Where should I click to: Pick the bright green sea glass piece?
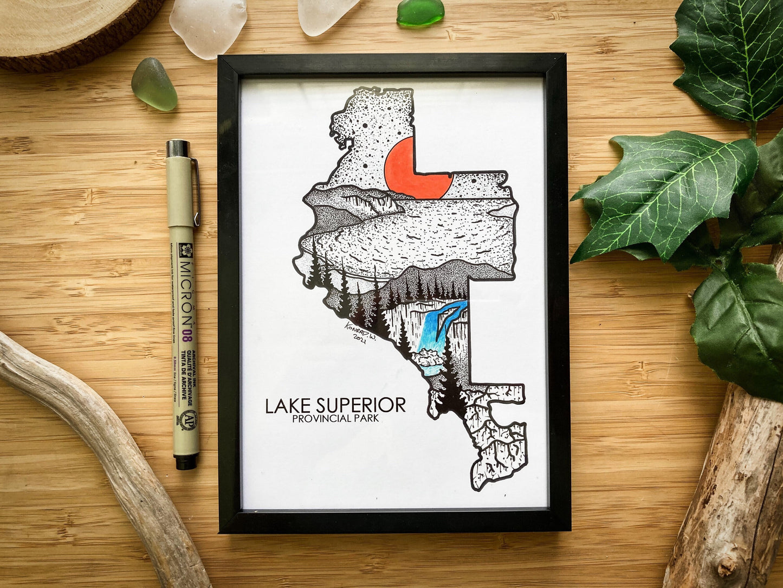(x=420, y=12)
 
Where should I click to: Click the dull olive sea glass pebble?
(x=154, y=85)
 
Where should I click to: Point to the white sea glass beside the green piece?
(x=328, y=14)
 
